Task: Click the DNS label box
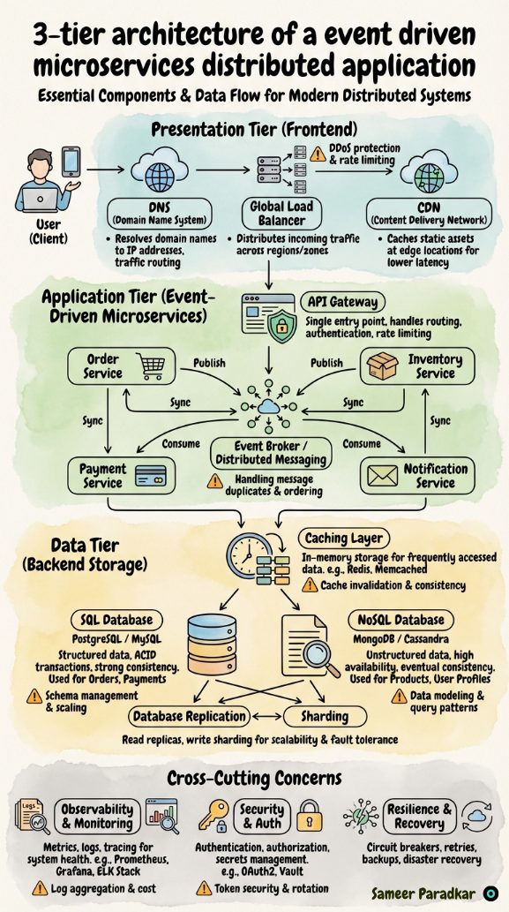(x=159, y=213)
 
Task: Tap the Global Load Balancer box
(x=282, y=213)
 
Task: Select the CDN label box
(x=430, y=213)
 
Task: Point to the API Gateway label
(x=343, y=303)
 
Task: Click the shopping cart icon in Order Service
(x=152, y=366)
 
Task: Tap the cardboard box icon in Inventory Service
(x=382, y=366)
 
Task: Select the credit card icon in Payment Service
(x=151, y=476)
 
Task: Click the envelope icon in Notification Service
(x=382, y=476)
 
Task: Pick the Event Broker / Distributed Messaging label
(x=271, y=453)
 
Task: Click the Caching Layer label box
(x=344, y=538)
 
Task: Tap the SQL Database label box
(x=116, y=620)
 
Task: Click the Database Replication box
(x=190, y=717)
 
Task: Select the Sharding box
(x=325, y=717)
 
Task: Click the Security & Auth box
(x=262, y=816)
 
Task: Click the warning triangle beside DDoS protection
(x=318, y=154)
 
